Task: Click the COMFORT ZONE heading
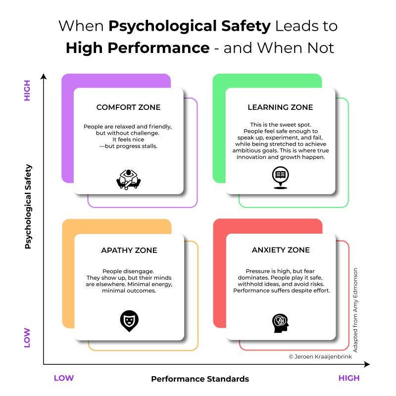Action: (128, 107)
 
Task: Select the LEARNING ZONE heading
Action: (280, 107)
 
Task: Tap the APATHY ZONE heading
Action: (129, 250)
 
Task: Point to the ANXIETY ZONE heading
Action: (281, 250)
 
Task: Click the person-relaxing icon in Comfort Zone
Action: (129, 179)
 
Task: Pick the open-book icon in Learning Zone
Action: (280, 176)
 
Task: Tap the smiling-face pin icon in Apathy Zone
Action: (129, 321)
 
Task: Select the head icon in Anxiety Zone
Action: (280, 322)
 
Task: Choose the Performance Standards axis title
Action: (200, 379)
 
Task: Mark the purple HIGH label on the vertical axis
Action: (28, 90)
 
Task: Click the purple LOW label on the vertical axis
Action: (28, 338)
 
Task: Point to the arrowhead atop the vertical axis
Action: (44, 76)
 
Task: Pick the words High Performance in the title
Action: (138, 48)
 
